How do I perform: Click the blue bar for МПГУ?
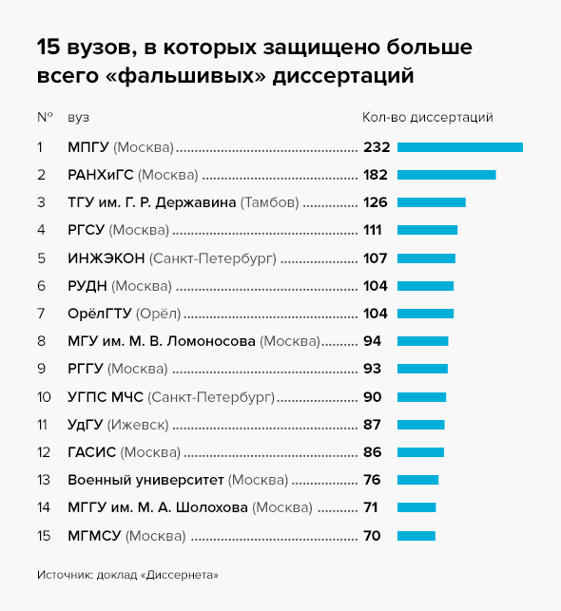tap(460, 147)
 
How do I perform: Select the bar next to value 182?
tap(446, 175)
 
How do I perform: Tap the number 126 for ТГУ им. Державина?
tap(375, 202)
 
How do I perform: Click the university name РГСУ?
tap(87, 230)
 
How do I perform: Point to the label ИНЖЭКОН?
tap(106, 258)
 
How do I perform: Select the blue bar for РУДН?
tap(425, 286)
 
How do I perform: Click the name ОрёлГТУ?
tap(100, 314)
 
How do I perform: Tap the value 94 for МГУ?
tap(372, 341)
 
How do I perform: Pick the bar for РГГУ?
tap(422, 369)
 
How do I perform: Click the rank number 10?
tap(44, 397)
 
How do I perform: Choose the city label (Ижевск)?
tap(138, 425)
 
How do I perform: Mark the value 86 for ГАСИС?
tap(372, 452)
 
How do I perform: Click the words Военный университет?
tap(145, 480)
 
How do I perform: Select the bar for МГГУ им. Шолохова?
tap(416, 507)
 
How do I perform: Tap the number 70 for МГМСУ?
tap(372, 536)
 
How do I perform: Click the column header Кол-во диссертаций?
tap(428, 117)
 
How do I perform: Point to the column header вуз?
tap(78, 118)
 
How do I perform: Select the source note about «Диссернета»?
tap(127, 575)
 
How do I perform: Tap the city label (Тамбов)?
tap(270, 202)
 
